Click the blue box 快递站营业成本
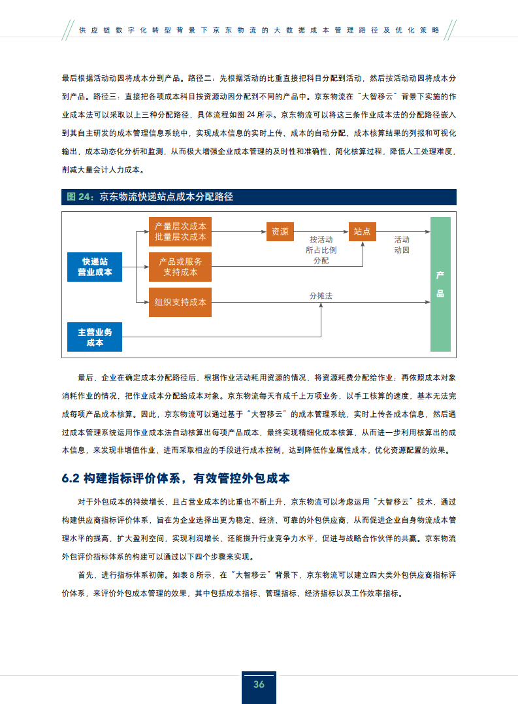click(x=95, y=267)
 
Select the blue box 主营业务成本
click(x=95, y=337)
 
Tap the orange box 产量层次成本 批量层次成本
click(x=180, y=231)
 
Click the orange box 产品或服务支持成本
click(x=180, y=267)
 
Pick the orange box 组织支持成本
click(x=180, y=302)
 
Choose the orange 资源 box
click(x=280, y=231)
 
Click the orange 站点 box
click(x=363, y=231)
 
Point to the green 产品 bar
click(x=440, y=284)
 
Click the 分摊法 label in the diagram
click(x=321, y=296)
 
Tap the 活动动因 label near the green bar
click(x=402, y=244)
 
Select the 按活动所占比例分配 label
click(x=321, y=250)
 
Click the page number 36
click(x=259, y=684)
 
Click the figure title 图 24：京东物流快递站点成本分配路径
click(x=150, y=197)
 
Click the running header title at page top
click(x=259, y=30)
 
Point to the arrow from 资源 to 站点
click(x=321, y=231)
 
